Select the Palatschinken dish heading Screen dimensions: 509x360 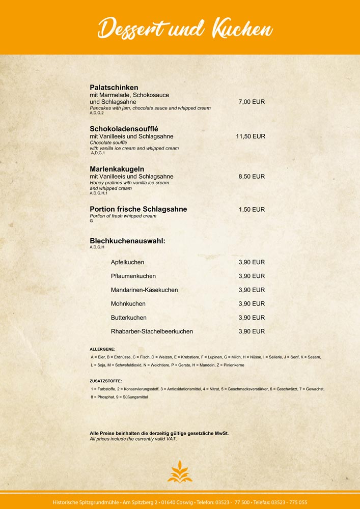pyautogui.click(x=114, y=88)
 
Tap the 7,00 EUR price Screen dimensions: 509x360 pyautogui.click(x=252, y=102)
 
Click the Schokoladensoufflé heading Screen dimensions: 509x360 pyautogui.click(x=124, y=128)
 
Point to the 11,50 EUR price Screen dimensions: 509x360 pyautogui.click(x=250, y=136)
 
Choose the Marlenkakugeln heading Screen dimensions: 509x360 pyautogui.click(x=117, y=168)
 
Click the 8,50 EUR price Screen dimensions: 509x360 pyautogui.click(x=252, y=177)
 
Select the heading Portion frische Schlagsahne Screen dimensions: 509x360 pyautogui.click(x=138, y=209)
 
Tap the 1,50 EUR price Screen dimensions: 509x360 pyautogui.click(x=252, y=209)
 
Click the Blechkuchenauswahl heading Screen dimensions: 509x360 pyautogui.click(x=127, y=240)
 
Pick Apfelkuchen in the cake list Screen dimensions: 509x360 pyautogui.click(x=127, y=262)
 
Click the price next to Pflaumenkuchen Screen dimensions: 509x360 pyautogui.click(x=252, y=276)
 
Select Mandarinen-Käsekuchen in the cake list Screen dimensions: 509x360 pyautogui.click(x=144, y=290)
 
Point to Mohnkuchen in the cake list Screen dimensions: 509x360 pyautogui.click(x=128, y=303)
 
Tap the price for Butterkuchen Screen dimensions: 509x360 pyautogui.click(x=252, y=317)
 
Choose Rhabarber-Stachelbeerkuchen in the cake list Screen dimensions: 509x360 pyautogui.click(x=152, y=331)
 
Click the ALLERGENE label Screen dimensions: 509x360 pyautogui.click(x=102, y=349)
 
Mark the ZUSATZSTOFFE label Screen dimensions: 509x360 pyautogui.click(x=105, y=381)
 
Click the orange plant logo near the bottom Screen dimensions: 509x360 pyautogui.click(x=180, y=471)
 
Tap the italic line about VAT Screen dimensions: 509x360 pyautogui.click(x=133, y=438)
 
